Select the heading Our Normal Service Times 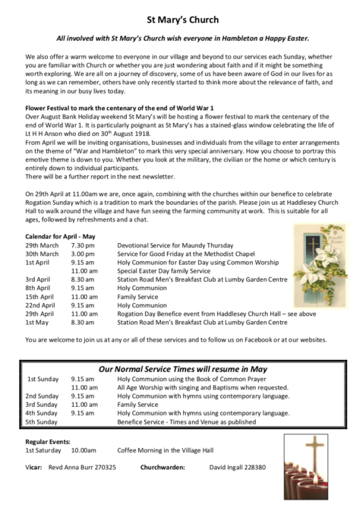tap(180, 367)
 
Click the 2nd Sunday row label tap(42, 396)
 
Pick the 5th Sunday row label tap(42, 421)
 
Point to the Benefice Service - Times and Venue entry tap(188, 421)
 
